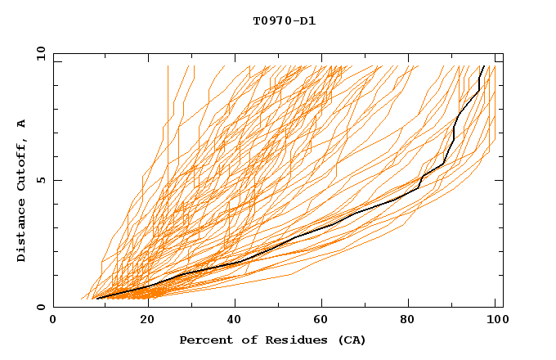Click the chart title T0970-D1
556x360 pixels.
(x=284, y=21)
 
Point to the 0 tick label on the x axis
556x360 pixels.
(x=53, y=320)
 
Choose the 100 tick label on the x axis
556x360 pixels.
(x=494, y=320)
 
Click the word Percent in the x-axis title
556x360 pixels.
(x=205, y=340)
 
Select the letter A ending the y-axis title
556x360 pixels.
(x=21, y=124)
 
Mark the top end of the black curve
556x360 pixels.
(x=484, y=66)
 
